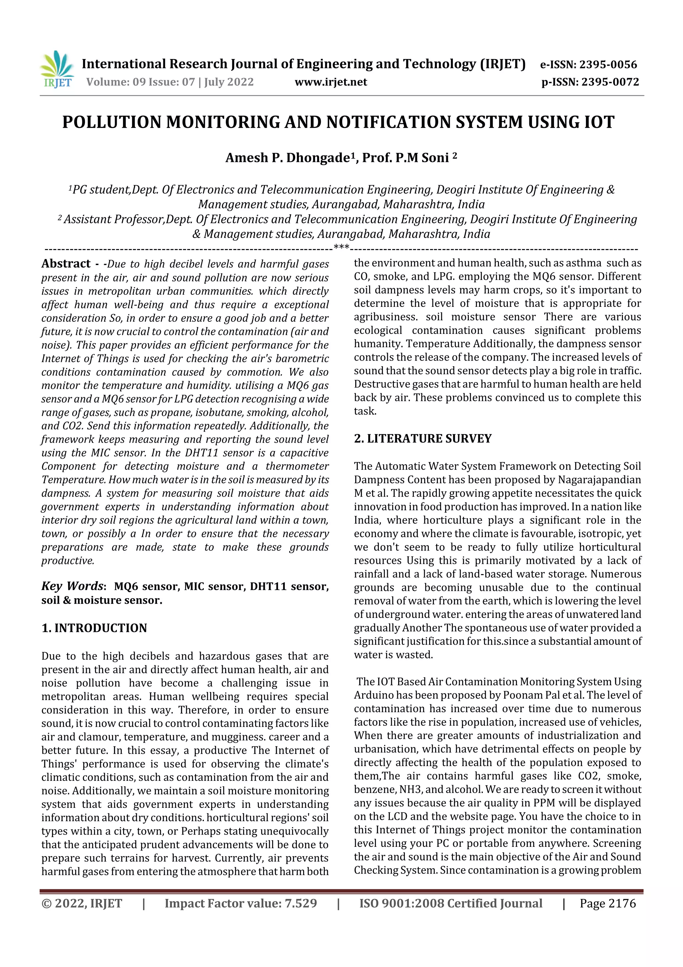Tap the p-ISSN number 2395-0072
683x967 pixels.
pos(610,82)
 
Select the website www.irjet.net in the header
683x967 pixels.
pos(331,82)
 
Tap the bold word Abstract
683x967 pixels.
pos(66,264)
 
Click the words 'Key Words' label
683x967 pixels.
pos(72,586)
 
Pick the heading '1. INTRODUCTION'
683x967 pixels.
pos(94,628)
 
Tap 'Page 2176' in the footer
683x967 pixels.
pos(608,903)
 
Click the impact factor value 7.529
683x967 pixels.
pos(300,903)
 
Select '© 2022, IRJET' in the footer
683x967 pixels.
pos(82,903)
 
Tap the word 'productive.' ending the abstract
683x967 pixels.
pos(68,560)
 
